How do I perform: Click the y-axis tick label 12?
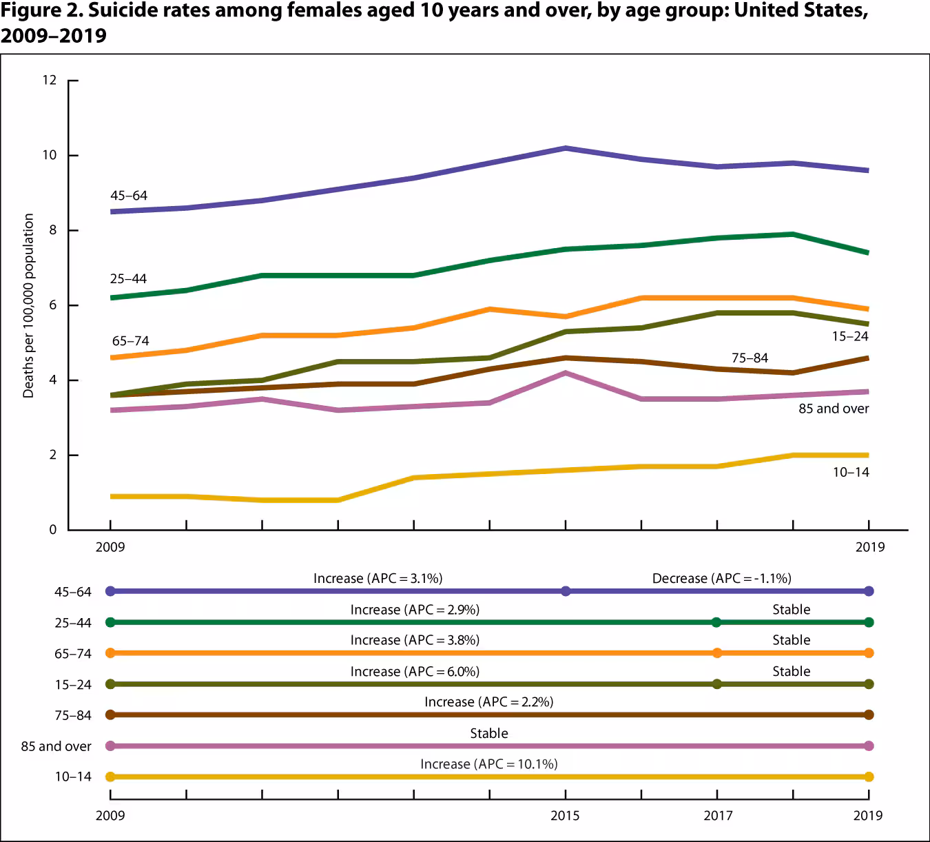[x=49, y=80]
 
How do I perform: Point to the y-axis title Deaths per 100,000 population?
[x=28, y=305]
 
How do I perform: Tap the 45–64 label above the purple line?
[x=129, y=196]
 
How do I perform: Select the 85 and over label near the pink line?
[x=834, y=409]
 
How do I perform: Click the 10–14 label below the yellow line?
[x=851, y=472]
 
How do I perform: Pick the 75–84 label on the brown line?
[x=750, y=358]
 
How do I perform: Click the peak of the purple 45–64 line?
[x=565, y=148]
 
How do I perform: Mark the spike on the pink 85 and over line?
[x=565, y=373]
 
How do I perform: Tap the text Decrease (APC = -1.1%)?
[x=721, y=578]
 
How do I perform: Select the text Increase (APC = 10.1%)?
[x=489, y=764]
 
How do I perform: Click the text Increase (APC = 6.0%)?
[x=415, y=671]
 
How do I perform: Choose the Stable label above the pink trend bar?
[x=489, y=733]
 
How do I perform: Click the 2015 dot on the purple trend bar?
[x=566, y=591]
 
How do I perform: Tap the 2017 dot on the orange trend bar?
[x=717, y=653]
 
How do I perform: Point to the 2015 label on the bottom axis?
[x=565, y=816]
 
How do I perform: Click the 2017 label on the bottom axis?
[x=718, y=816]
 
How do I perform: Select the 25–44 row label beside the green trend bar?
[x=73, y=623]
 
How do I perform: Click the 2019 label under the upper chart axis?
[x=869, y=547]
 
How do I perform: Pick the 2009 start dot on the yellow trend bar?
[x=110, y=777]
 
